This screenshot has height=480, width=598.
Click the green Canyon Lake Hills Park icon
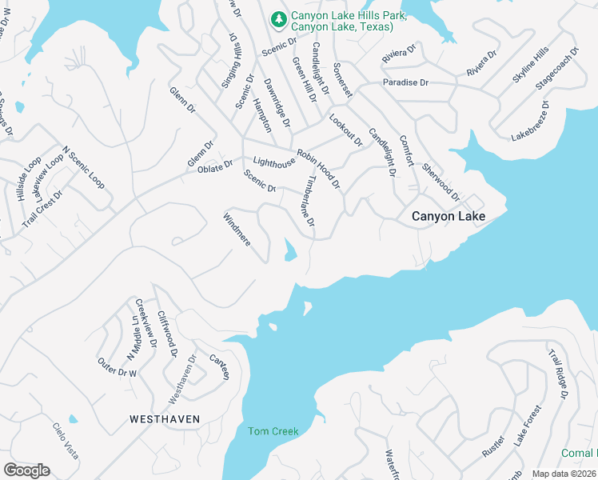click(x=279, y=17)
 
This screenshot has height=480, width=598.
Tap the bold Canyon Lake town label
click(x=448, y=216)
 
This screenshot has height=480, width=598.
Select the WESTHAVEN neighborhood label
click(x=165, y=418)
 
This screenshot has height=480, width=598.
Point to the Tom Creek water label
click(x=273, y=432)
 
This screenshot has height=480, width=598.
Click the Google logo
click(x=26, y=470)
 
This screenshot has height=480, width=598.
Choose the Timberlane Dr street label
click(x=307, y=206)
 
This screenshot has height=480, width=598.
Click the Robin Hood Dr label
click(x=319, y=169)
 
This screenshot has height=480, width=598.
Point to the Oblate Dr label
click(x=216, y=166)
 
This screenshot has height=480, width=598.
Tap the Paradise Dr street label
click(x=405, y=82)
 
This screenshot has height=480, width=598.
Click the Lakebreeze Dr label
click(x=531, y=121)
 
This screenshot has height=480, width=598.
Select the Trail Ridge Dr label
click(x=557, y=374)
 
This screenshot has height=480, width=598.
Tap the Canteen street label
click(x=220, y=366)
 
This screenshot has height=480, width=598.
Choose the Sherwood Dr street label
click(x=441, y=182)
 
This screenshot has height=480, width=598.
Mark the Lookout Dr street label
click(x=346, y=130)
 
